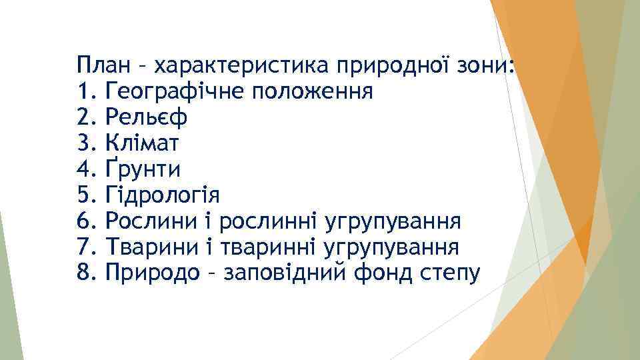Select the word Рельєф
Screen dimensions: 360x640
[146, 118]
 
